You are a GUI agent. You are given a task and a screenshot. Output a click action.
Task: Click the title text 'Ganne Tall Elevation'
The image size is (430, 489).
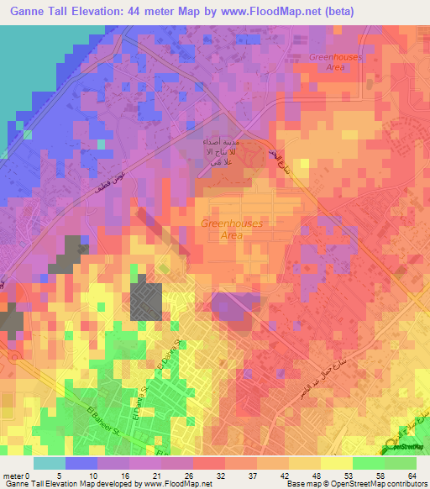pyautogui.click(x=72, y=11)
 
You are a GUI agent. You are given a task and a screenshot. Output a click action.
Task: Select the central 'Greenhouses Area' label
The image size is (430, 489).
pyautogui.click(x=231, y=229)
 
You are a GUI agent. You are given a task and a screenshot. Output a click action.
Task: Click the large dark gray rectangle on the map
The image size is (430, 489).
pyautogui.click(x=147, y=301)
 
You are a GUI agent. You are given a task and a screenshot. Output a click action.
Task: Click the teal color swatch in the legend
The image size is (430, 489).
pyautogui.click(x=49, y=463)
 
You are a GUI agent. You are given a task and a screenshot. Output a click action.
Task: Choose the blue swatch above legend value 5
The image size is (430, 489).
pyautogui.click(x=81, y=463)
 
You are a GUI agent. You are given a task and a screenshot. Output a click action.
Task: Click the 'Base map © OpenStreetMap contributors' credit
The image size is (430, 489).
pyautogui.click(x=356, y=483)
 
